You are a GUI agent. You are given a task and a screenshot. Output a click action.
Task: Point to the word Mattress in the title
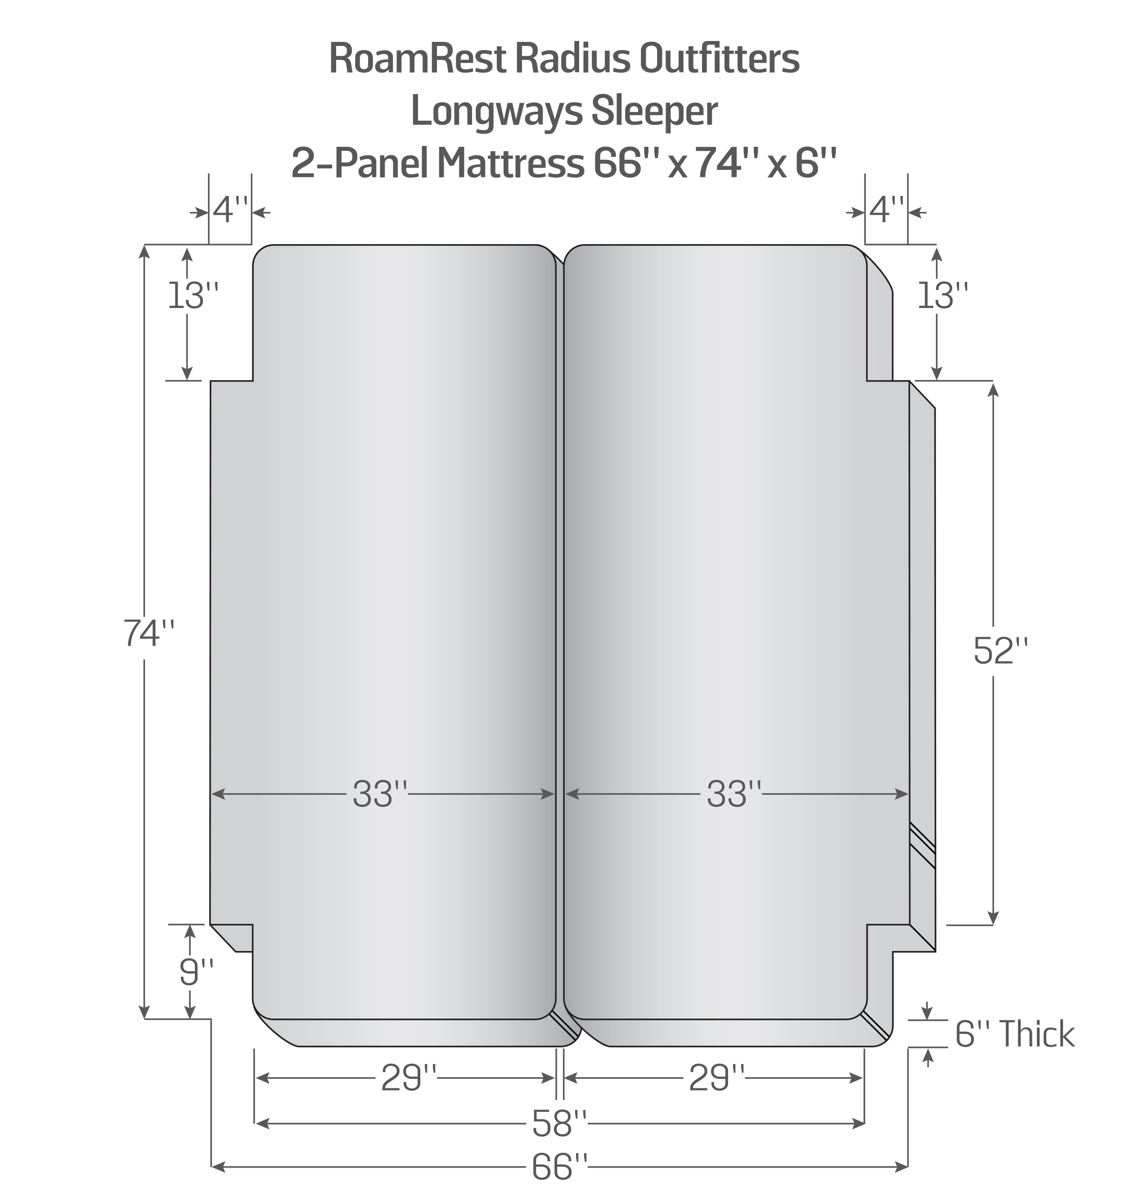click(x=510, y=163)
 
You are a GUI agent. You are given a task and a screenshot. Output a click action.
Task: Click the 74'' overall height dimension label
click(x=148, y=633)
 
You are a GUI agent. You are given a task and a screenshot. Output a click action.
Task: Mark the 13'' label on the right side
click(x=943, y=296)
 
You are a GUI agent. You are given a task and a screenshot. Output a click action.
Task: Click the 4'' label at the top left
click(x=230, y=211)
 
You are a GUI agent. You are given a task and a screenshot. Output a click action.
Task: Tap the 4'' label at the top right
click(x=886, y=211)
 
